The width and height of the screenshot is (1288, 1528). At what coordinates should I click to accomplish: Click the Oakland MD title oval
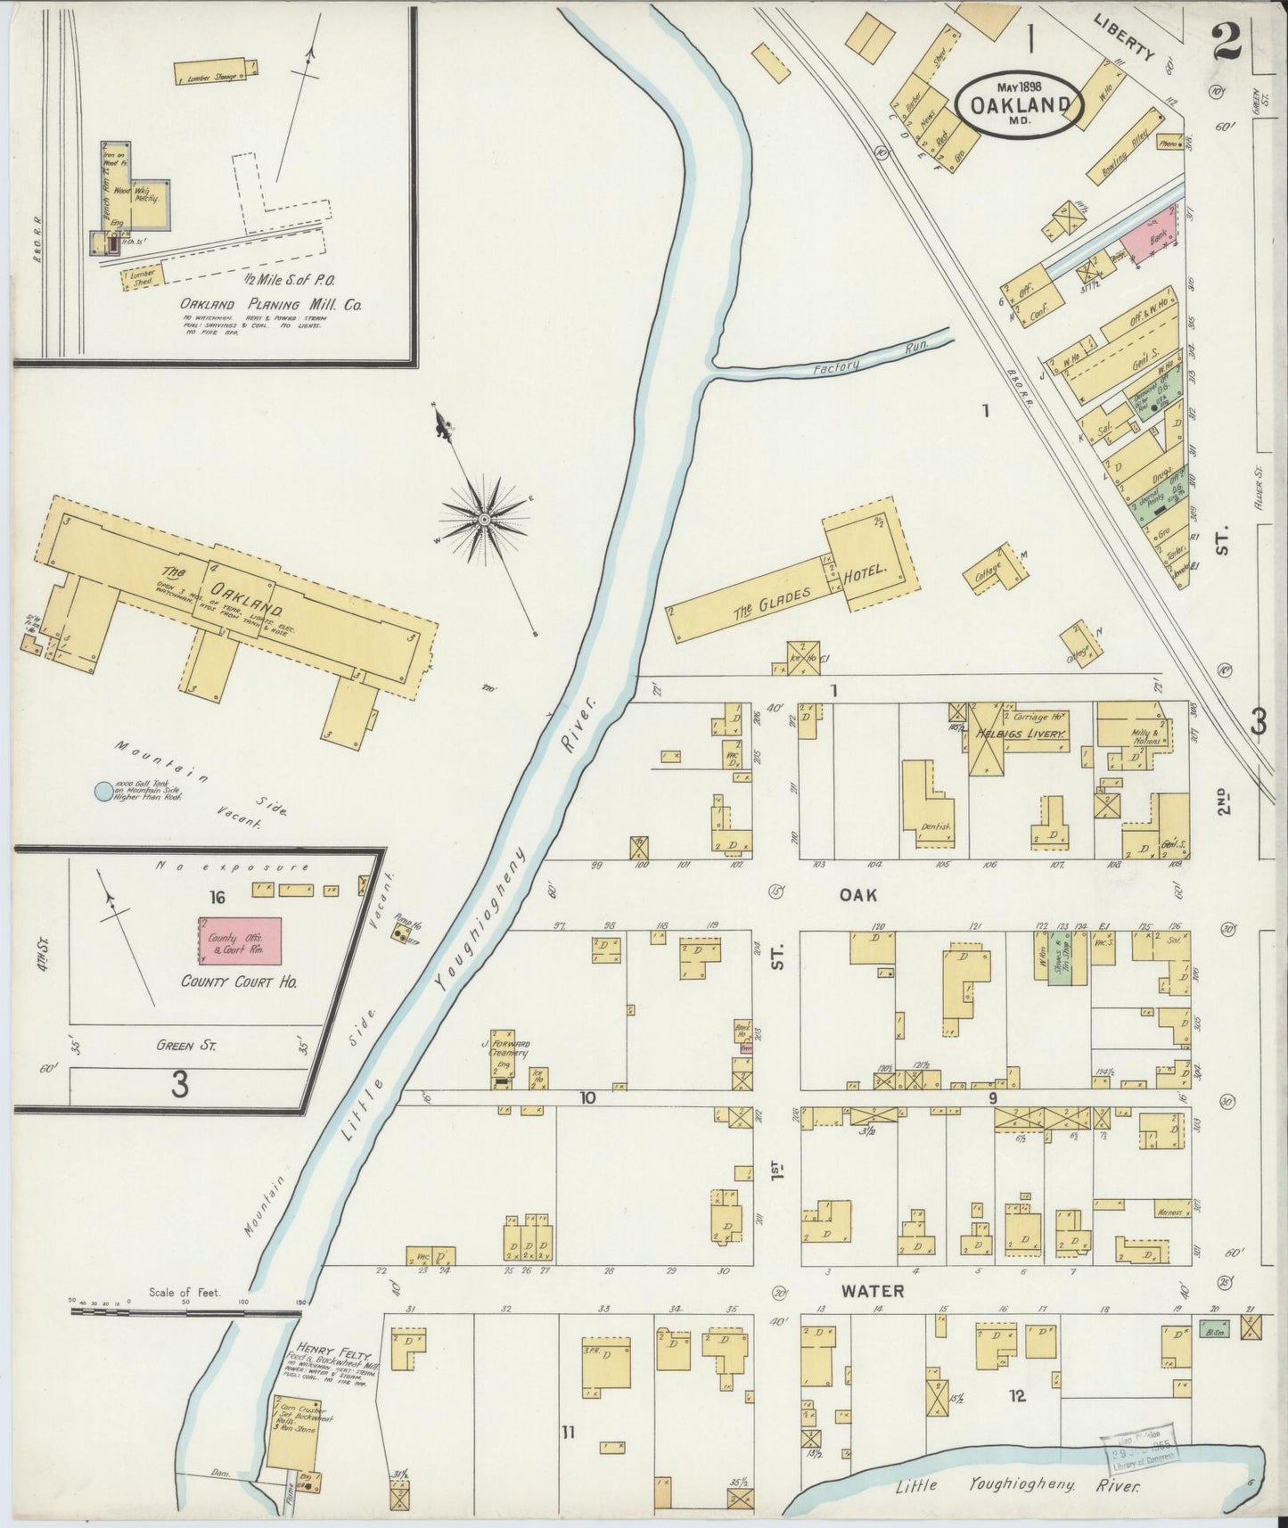click(x=1020, y=103)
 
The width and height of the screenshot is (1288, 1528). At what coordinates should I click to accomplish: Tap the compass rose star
click(x=484, y=518)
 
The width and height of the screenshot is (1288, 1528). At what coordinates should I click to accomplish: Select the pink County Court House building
click(x=239, y=940)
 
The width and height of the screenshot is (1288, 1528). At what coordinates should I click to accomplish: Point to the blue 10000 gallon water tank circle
click(x=104, y=790)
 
